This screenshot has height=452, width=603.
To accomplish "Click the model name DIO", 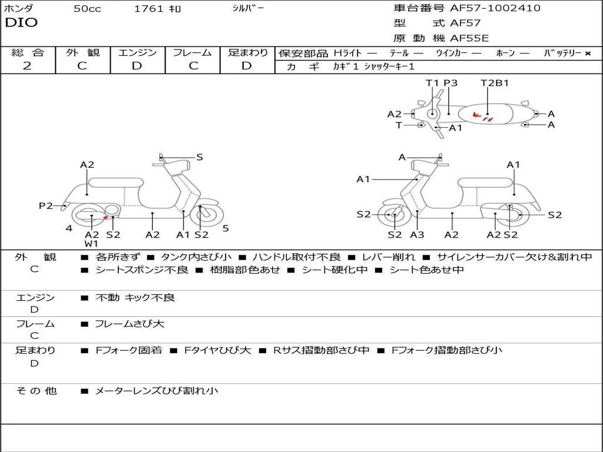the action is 21,23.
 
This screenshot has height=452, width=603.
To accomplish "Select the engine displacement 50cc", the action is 87,9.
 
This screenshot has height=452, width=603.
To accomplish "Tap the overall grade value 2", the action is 27,66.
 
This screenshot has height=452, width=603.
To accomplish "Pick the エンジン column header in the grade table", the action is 137,53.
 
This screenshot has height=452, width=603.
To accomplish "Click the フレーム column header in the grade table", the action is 193,53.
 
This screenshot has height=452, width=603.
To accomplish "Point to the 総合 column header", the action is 28,53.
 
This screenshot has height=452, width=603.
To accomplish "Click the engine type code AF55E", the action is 469,39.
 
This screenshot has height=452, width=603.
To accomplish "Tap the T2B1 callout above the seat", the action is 495,83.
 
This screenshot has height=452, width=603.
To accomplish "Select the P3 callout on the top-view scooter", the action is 450,83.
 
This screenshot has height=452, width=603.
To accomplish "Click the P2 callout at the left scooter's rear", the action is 46,206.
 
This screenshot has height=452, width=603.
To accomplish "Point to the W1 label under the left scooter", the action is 91,244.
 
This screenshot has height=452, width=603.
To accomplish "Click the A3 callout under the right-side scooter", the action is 417,235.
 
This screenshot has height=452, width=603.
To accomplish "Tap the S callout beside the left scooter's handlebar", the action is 200,157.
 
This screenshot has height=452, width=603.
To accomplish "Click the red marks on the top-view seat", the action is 483,117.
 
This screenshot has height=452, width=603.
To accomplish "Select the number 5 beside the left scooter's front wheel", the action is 226,228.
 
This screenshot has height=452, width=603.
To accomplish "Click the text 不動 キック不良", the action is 135,298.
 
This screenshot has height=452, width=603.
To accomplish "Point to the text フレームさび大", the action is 130,324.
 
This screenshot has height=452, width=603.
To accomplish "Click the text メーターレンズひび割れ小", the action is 157,391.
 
